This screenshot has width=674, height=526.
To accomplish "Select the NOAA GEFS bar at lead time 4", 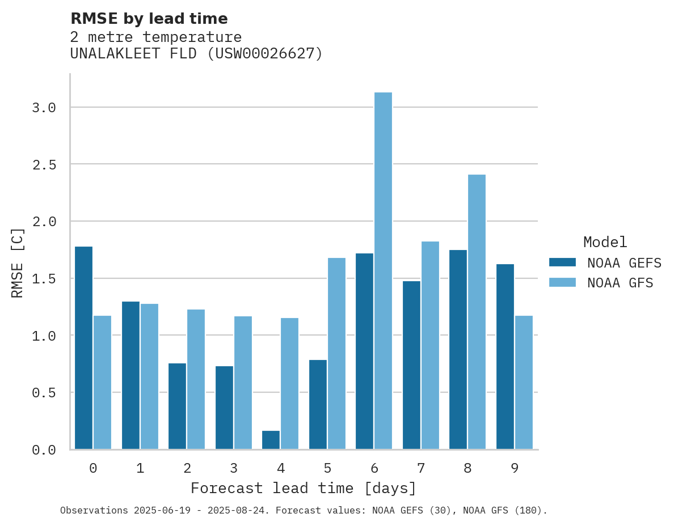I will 271,440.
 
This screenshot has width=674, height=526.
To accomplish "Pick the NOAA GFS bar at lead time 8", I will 477,312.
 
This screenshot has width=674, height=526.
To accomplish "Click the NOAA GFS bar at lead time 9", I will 524,382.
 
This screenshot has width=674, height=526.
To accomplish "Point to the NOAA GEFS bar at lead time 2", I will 177,406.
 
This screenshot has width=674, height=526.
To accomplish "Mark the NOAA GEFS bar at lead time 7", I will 411,365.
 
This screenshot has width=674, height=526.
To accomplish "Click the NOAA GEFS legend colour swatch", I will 562,262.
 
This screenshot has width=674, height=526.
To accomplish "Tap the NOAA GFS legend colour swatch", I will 562,282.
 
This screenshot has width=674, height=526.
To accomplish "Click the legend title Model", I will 605,242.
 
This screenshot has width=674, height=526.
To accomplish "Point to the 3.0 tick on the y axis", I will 44,108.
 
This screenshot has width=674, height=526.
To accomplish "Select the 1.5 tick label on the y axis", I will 44,279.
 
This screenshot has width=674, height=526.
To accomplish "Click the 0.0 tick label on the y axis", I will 44,450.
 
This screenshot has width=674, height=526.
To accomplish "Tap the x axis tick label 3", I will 234,468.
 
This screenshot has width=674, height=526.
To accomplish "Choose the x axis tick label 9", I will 515,468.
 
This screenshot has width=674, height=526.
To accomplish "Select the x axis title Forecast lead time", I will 304,488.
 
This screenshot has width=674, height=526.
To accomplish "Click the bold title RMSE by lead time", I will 149,19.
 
